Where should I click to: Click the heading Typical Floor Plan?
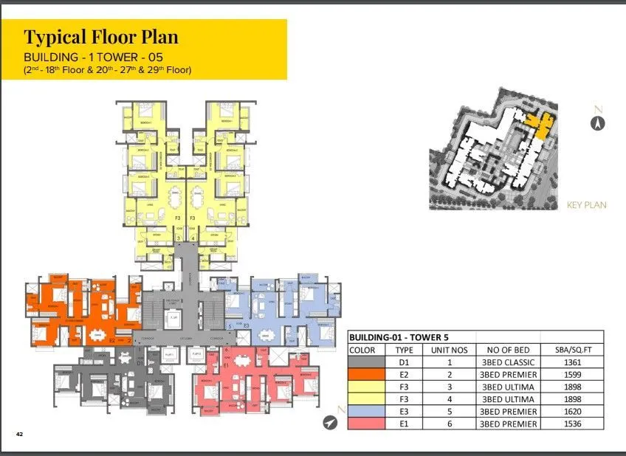pyautogui.click(x=101, y=37)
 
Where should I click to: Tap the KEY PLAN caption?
pyautogui.click(x=585, y=205)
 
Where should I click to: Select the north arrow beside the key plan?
pyautogui.click(x=598, y=122)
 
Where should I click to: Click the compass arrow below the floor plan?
pyautogui.click(x=330, y=422)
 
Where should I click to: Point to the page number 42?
pyautogui.click(x=20, y=435)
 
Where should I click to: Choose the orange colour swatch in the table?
pyautogui.click(x=366, y=375)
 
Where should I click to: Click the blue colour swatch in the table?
pyautogui.click(x=366, y=412)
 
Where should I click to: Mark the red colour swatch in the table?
pyautogui.click(x=366, y=424)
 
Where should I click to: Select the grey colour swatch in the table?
pyautogui.click(x=366, y=362)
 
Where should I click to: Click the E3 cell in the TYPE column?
pyautogui.click(x=404, y=412)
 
